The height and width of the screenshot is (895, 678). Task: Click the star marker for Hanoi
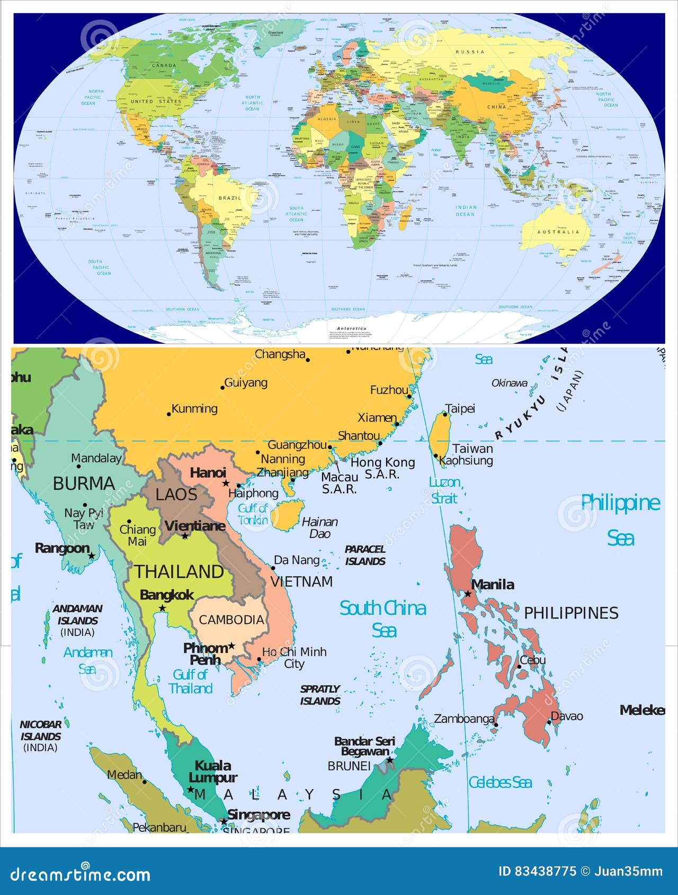pos(226,483)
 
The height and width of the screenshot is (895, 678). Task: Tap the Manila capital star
pos(468,594)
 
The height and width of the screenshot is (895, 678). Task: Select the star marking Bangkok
pos(162,608)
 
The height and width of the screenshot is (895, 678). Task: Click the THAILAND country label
pos(179,571)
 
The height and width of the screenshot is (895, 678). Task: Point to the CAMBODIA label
pos(231,620)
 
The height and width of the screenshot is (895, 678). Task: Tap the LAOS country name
pos(176,495)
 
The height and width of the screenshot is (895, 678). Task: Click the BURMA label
pos(84,484)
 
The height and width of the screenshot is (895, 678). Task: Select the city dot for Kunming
pos(169,414)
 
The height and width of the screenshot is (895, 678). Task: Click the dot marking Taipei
pos(445,414)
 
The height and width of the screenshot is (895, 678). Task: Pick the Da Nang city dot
pos(273,568)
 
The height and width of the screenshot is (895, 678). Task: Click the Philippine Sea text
pos(620,520)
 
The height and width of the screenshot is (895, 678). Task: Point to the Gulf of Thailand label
pos(190,682)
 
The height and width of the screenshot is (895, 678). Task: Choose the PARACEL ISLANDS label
pos(365,555)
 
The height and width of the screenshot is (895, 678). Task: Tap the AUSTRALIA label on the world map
pos(558,232)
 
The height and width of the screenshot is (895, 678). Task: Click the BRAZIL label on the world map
pos(229,198)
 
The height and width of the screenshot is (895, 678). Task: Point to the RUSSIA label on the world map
pos(470,52)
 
